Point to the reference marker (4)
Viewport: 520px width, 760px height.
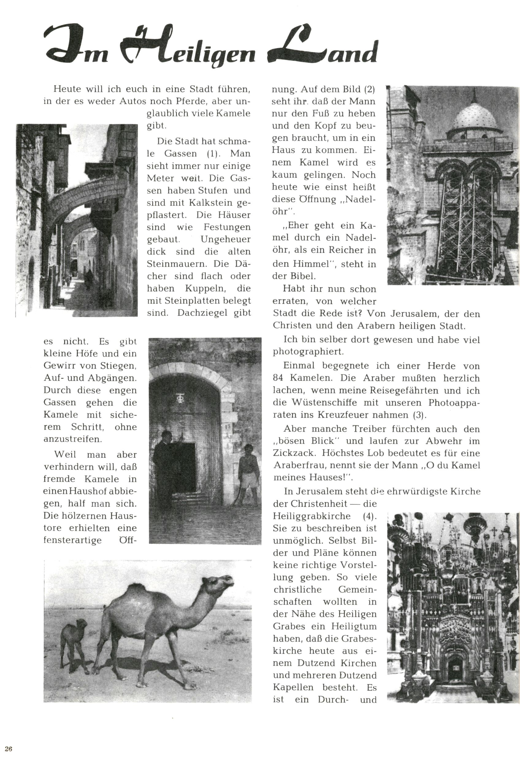pyautogui.click(x=369, y=516)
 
